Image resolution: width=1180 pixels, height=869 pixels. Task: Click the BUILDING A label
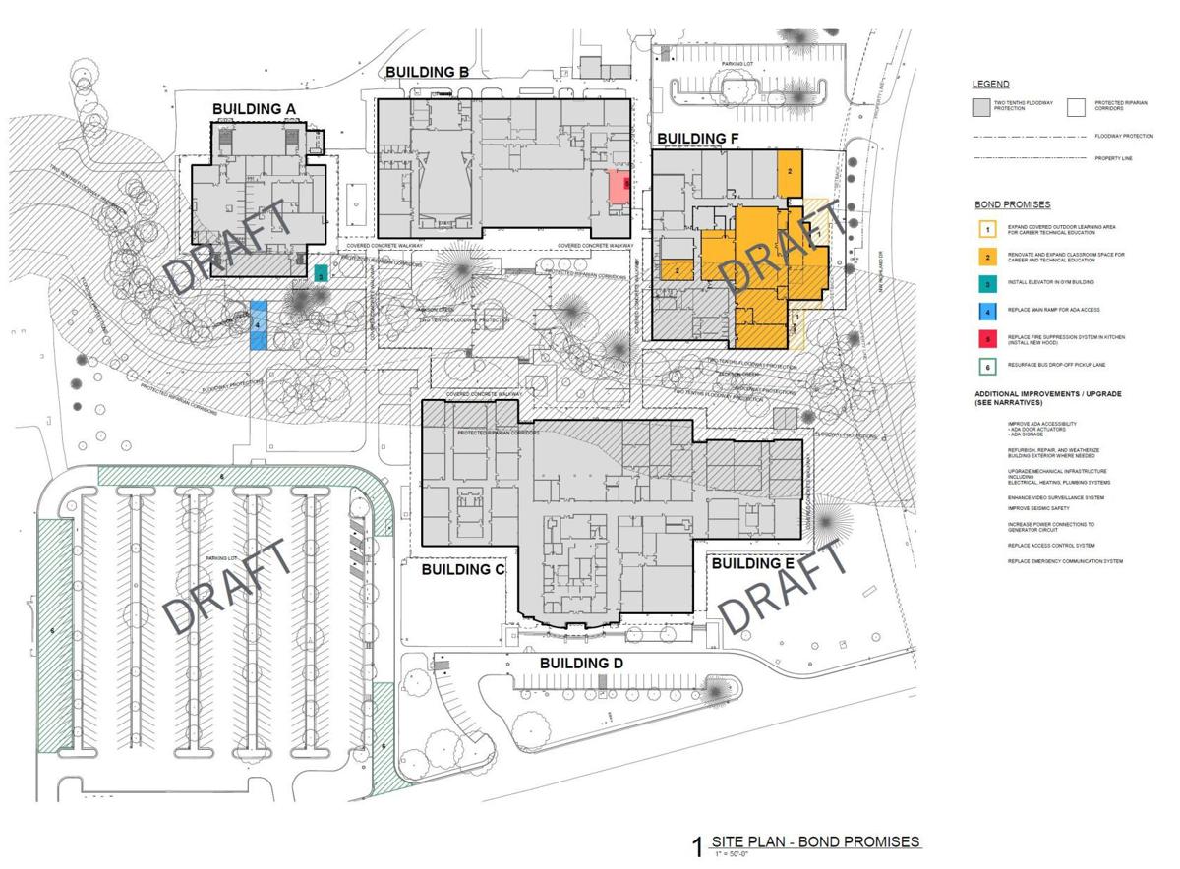[x=256, y=108]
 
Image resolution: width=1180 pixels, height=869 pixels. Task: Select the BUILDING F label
[x=698, y=138]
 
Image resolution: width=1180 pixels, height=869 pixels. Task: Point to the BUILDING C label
[x=463, y=570]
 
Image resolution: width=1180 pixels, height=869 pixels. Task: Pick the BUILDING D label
[x=581, y=664]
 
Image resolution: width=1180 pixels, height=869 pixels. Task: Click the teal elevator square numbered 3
[x=321, y=274]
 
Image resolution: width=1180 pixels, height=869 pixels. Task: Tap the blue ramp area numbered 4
[x=258, y=325]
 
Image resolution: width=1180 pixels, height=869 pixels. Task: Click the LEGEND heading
[x=991, y=85]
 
